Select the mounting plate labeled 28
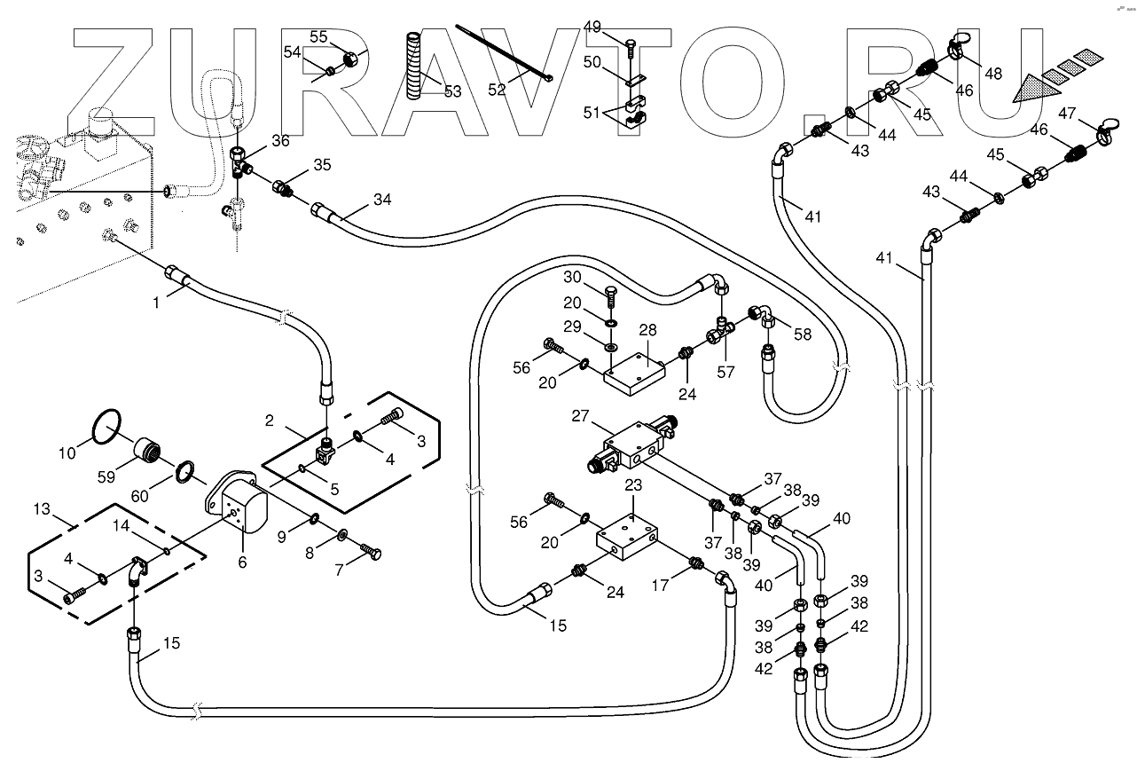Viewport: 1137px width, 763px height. pos(637,371)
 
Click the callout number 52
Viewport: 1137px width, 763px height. pos(497,89)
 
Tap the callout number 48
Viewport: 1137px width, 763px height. pos(993,73)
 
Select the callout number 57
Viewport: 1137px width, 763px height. pos(725,373)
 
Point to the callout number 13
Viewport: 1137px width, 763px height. pos(41,510)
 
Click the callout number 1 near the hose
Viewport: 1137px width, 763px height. pos(156,302)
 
